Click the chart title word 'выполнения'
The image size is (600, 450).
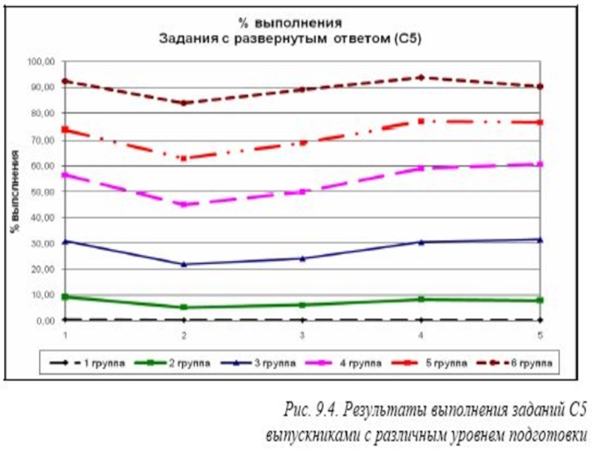[304, 22]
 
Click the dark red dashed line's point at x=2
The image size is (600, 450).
[184, 103]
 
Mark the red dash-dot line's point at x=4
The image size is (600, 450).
[421, 121]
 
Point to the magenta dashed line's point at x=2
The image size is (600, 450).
[184, 204]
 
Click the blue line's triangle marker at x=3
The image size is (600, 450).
[302, 258]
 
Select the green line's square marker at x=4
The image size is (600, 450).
[421, 299]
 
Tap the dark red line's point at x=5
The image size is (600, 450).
[539, 86]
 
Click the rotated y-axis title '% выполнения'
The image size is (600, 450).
[14, 191]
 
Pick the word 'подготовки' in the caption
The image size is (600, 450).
[550, 434]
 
